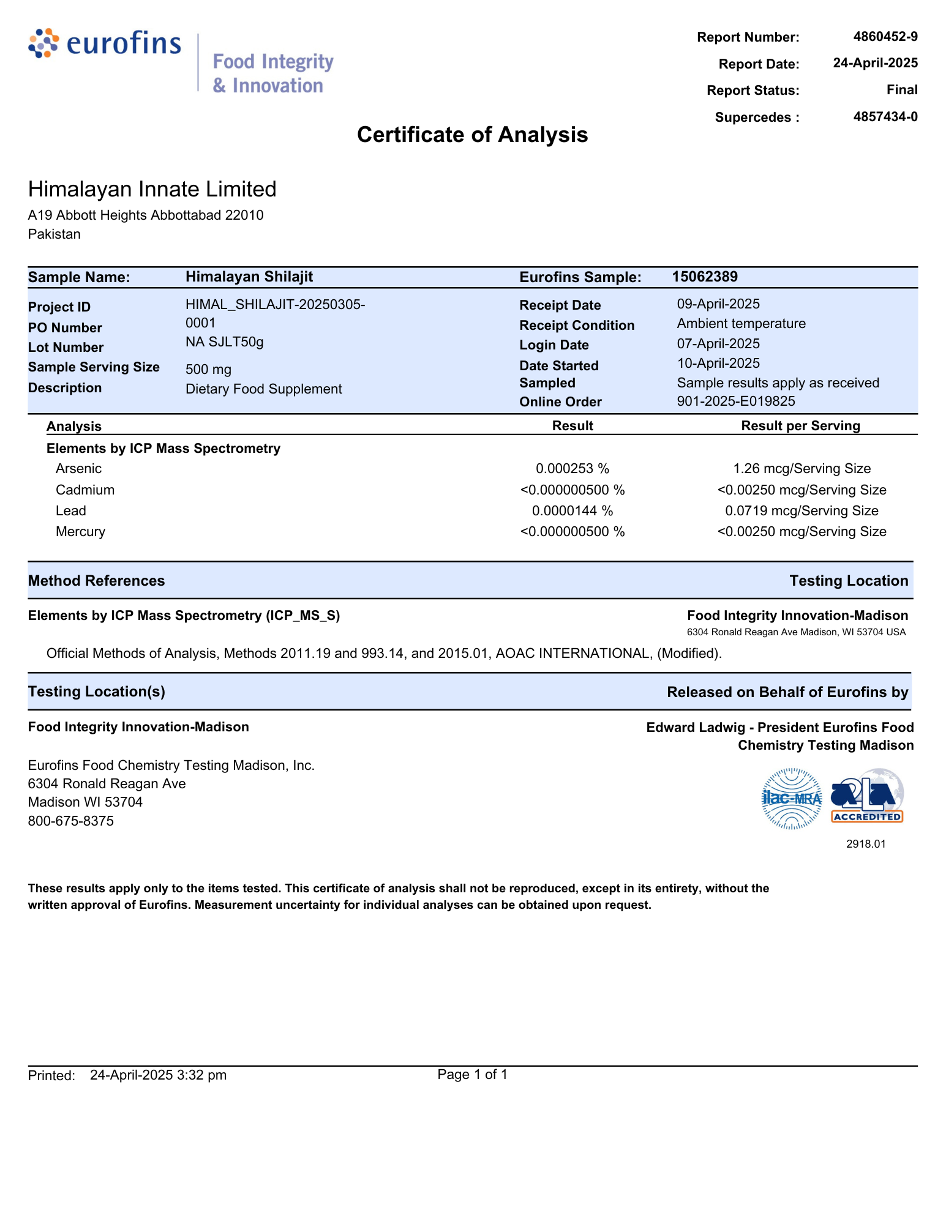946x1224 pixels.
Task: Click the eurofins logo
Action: click(105, 44)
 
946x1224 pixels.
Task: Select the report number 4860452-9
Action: click(885, 37)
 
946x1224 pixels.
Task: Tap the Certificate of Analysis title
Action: click(472, 135)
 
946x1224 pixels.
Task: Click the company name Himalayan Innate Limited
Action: click(152, 189)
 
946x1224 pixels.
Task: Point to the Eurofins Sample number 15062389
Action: click(704, 277)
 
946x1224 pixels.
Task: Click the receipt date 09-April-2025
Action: click(718, 304)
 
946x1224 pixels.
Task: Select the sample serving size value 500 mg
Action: click(208, 370)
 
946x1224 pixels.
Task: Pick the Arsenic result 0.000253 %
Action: click(572, 469)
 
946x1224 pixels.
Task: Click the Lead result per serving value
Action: click(801, 511)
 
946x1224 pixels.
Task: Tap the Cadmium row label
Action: click(85, 490)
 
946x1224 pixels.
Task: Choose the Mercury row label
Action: click(80, 532)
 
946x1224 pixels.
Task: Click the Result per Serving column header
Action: click(800, 426)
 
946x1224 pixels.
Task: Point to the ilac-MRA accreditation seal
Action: click(791, 799)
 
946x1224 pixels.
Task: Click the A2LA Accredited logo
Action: click(866, 796)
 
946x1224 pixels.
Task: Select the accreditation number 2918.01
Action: click(866, 844)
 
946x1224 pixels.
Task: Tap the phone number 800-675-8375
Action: click(71, 821)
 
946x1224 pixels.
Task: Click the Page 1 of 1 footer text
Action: click(472, 1075)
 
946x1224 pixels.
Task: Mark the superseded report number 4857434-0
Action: click(885, 117)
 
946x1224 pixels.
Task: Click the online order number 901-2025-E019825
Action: click(735, 401)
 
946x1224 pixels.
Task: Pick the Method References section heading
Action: click(97, 581)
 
